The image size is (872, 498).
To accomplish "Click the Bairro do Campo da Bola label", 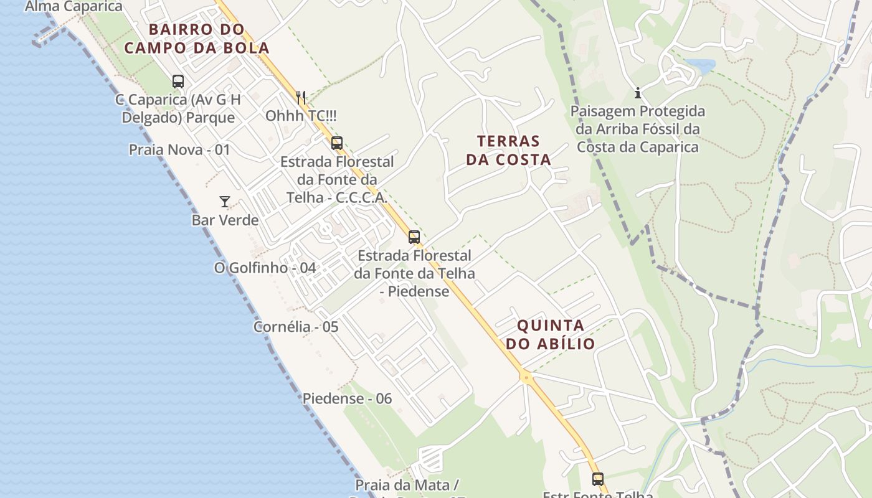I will (197, 39).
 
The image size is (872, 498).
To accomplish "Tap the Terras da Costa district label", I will (509, 150).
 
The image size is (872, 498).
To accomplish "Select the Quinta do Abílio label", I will (551, 334).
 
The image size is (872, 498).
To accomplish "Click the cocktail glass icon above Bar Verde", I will (225, 202).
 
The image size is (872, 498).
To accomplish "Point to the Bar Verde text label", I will (225, 220).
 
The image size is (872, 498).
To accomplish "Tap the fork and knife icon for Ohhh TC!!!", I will (301, 97).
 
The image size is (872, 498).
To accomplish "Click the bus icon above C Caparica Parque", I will (178, 81).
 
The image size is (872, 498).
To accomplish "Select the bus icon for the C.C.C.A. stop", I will (337, 143).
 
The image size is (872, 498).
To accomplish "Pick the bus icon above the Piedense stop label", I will (414, 237).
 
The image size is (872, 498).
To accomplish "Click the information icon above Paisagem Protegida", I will (638, 93).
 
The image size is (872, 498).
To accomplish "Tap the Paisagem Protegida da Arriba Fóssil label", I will (638, 129).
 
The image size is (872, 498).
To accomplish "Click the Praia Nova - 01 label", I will (179, 150).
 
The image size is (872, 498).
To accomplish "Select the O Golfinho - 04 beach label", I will (265, 268).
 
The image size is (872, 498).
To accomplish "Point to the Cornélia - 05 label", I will (296, 327).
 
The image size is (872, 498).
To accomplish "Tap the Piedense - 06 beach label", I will (347, 398).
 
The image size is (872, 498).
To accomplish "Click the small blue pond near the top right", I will (699, 64).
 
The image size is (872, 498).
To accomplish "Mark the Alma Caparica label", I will (73, 7).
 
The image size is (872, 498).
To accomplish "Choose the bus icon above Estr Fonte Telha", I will (598, 479).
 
